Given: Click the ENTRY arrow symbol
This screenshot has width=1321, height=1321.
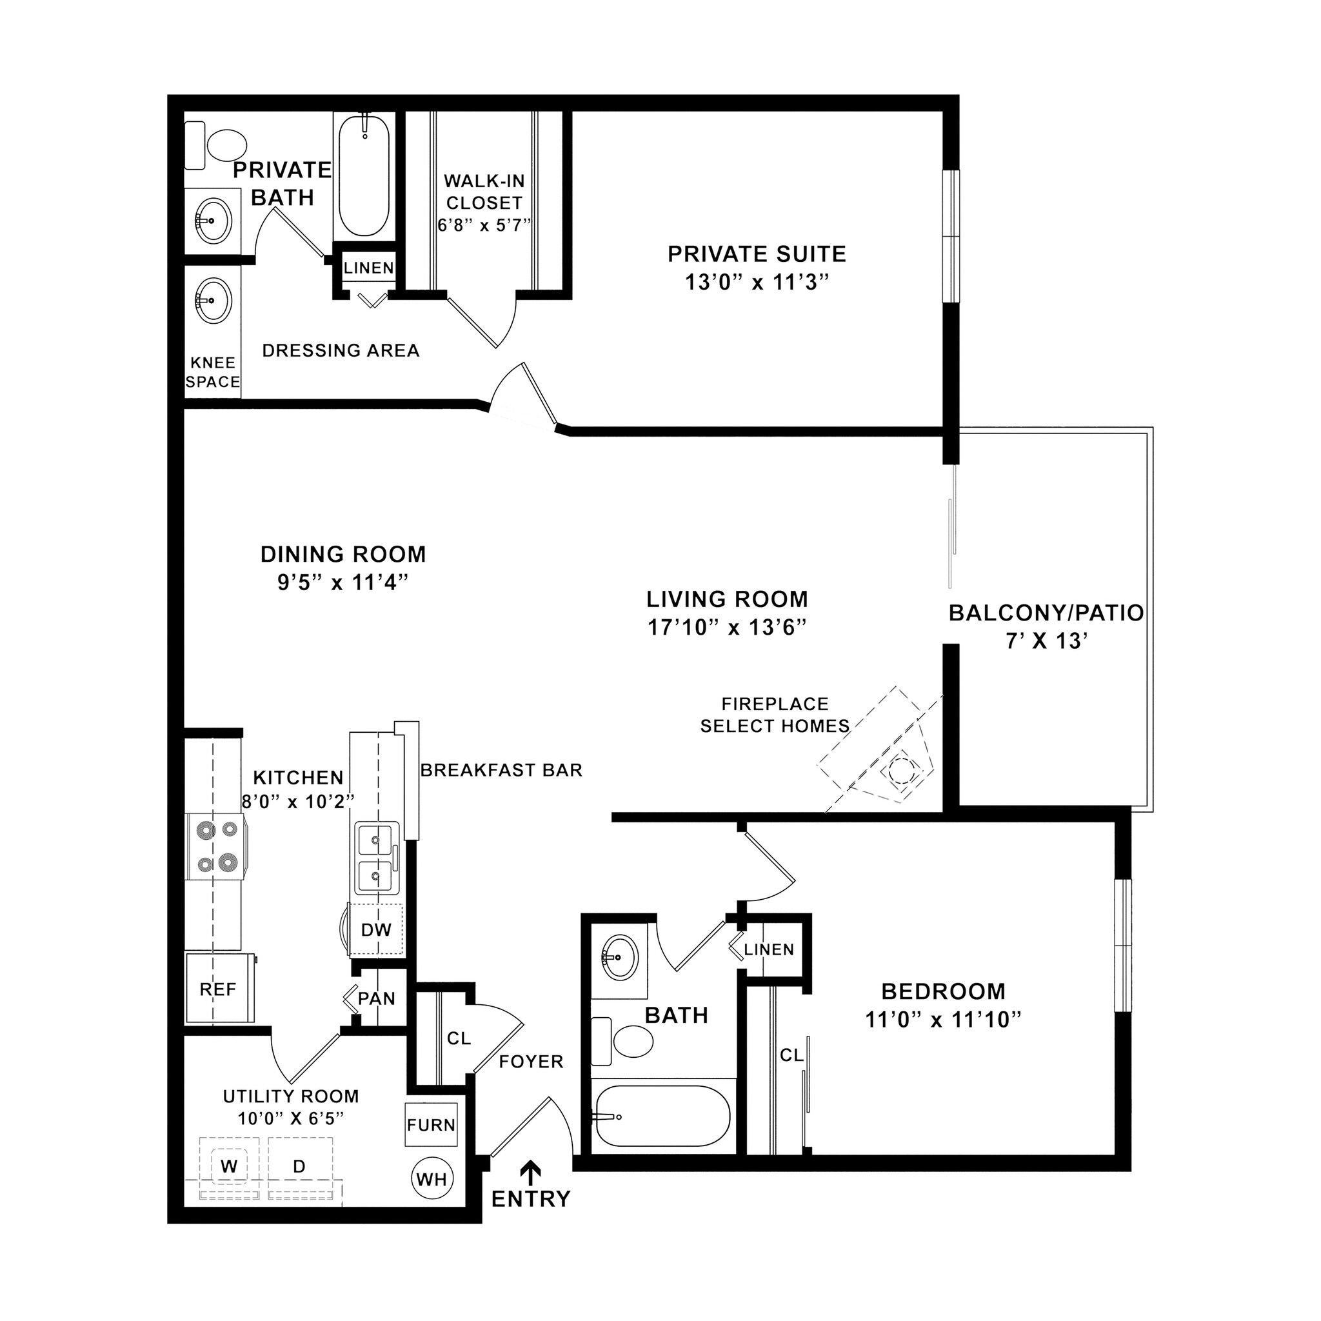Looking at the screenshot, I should tap(530, 1173).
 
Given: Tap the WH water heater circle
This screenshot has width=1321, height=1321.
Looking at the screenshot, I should tap(432, 1179).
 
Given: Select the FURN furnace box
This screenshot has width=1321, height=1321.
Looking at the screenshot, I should tap(431, 1125).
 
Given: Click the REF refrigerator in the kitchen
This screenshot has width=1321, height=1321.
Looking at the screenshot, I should tap(219, 989).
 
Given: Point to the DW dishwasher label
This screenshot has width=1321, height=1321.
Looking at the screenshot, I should tap(376, 930).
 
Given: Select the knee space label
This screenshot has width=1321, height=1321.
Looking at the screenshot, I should tap(213, 373).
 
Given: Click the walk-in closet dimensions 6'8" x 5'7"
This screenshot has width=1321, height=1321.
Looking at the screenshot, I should tap(484, 225).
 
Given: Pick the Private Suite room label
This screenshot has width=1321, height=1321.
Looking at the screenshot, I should tap(756, 254).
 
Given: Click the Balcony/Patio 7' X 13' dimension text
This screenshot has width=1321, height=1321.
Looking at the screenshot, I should tap(1046, 641).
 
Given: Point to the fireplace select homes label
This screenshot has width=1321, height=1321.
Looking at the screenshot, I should tap(775, 715).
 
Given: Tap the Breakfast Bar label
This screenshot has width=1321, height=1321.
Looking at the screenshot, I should tap(501, 770).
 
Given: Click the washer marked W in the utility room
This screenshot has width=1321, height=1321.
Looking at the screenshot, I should tap(229, 1166).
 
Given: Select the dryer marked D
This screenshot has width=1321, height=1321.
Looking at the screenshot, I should tap(299, 1166).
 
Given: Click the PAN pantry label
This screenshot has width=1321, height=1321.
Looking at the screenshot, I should tap(376, 999).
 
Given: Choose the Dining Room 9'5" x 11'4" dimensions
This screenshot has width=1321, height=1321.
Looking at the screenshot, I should tap(343, 582).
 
